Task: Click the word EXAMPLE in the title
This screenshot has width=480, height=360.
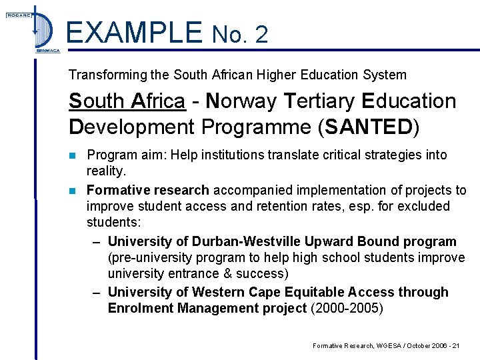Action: tap(134, 32)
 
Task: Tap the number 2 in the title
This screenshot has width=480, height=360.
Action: tap(261, 35)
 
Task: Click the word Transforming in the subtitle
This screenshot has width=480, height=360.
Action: tap(106, 75)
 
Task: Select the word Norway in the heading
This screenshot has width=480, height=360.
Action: tap(241, 101)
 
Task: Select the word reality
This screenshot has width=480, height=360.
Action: tap(107, 171)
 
